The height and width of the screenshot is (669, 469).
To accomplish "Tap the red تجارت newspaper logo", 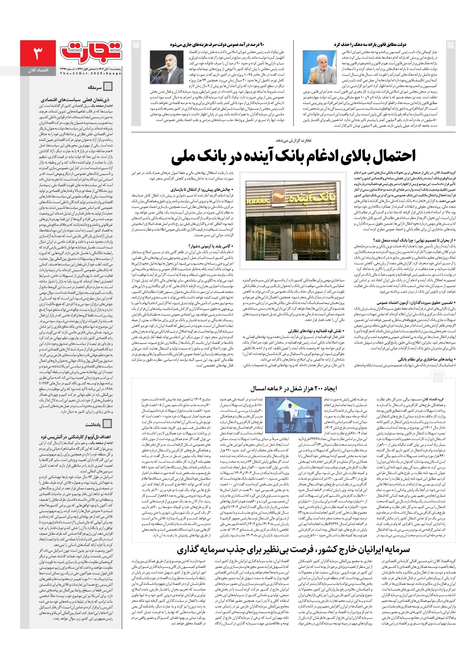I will click(91, 51).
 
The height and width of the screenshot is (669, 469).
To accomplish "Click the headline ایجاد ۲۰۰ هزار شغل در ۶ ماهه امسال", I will click(293, 389).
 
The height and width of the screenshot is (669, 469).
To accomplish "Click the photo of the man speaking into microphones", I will click(166, 67).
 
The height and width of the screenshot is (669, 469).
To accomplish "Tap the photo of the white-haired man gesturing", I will click(319, 67).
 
